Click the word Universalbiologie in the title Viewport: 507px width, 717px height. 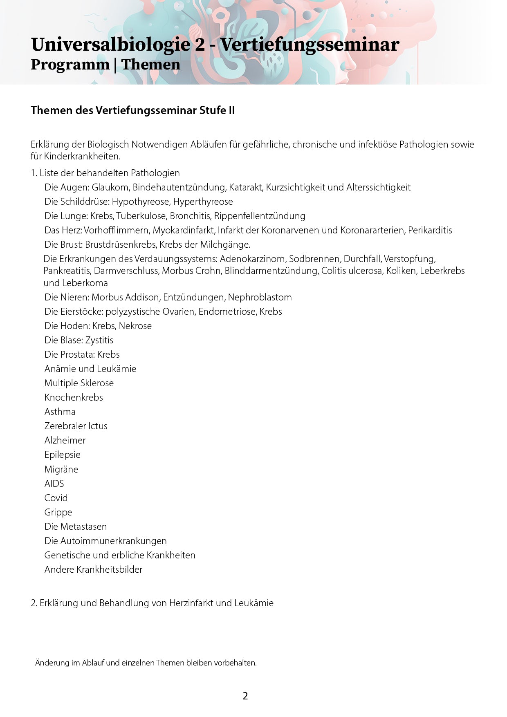[x=110, y=45]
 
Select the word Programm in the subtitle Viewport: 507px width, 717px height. [x=70, y=65]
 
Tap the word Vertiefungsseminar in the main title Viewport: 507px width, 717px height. [x=310, y=45]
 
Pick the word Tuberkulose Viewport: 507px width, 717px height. [x=141, y=216]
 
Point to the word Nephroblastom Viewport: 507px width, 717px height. [x=260, y=297]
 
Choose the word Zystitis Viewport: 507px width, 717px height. [x=99, y=340]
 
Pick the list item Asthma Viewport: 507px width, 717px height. [x=60, y=412]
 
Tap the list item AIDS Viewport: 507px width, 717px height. [x=54, y=484]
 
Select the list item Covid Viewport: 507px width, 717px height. [x=56, y=498]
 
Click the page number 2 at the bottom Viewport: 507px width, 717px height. [x=245, y=696]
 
